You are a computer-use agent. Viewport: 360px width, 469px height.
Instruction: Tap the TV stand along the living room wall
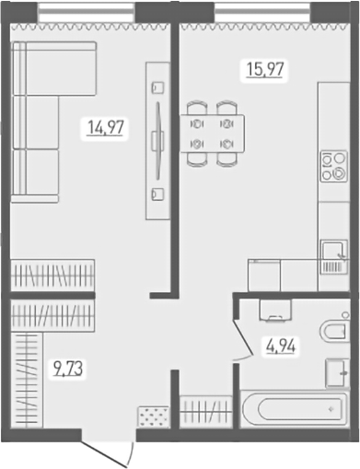pos(158,140)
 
